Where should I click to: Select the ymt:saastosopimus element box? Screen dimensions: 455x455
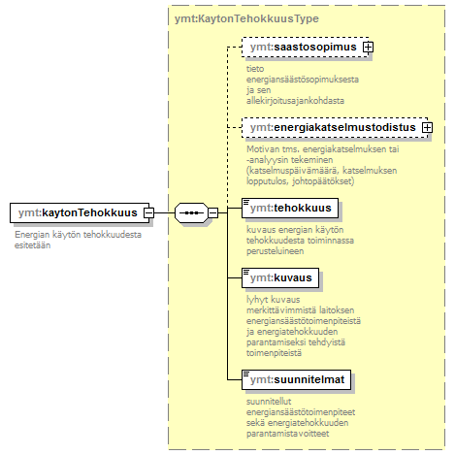pyautogui.click(x=306, y=48)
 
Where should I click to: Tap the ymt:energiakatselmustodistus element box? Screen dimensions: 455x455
pyautogui.click(x=335, y=127)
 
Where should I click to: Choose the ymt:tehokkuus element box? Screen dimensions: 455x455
pyautogui.click(x=290, y=208)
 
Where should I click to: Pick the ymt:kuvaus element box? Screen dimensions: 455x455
pyautogui.click(x=280, y=277)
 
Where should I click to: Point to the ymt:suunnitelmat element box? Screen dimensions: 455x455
pyautogui.click(x=296, y=379)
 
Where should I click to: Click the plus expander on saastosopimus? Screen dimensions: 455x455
pyautogui.click(x=368, y=48)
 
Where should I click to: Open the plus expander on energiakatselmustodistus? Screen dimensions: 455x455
pyautogui.click(x=427, y=127)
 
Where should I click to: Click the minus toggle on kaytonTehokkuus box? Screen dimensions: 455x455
pyautogui.click(x=148, y=212)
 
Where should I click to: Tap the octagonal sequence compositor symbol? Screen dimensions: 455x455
pyautogui.click(x=191, y=212)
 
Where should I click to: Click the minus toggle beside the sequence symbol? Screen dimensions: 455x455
pyautogui.click(x=213, y=212)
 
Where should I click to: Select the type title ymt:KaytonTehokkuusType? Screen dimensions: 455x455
pyautogui.click(x=246, y=18)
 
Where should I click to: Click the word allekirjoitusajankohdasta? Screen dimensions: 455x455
pyautogui.click(x=295, y=101)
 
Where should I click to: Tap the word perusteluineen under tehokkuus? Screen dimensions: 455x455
pyautogui.click(x=276, y=251)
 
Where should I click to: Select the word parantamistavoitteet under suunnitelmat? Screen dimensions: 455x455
pyautogui.click(x=288, y=434)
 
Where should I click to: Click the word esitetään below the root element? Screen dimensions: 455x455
pyautogui.click(x=33, y=245)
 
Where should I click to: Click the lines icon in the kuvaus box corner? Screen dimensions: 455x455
pyautogui.click(x=246, y=272)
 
